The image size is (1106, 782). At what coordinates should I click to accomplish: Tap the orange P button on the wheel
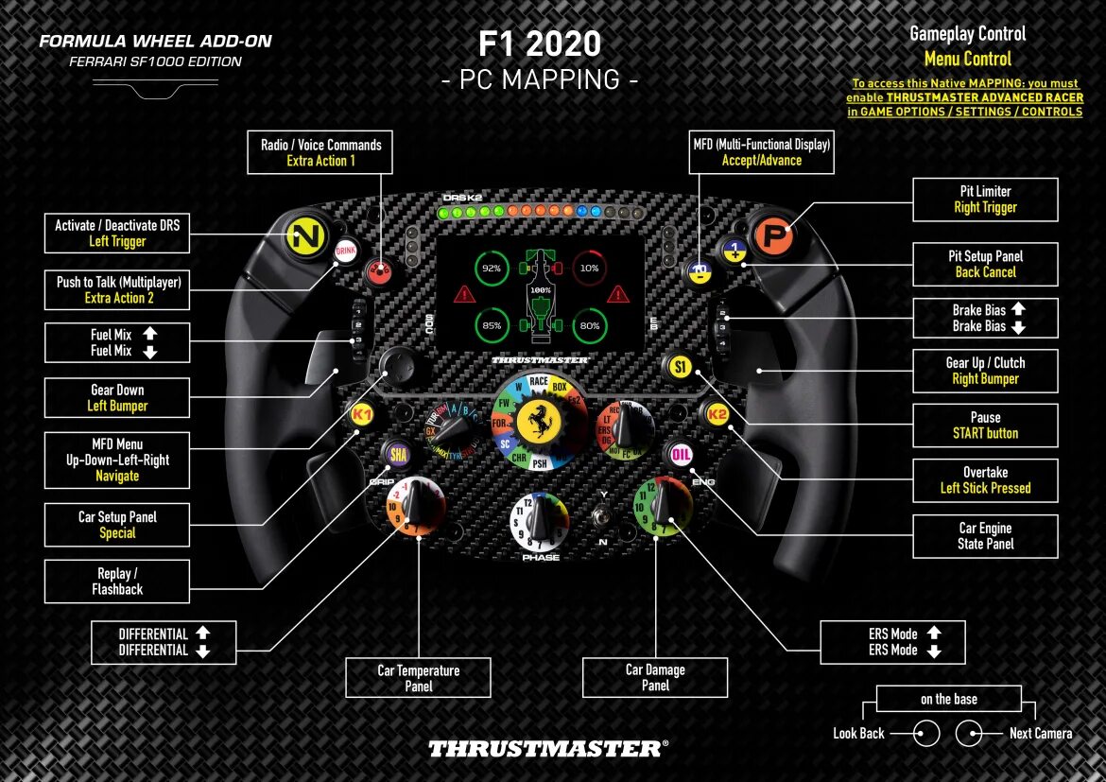point(773,236)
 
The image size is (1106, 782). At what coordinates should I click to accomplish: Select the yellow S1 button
point(680,367)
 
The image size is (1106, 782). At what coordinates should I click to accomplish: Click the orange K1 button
point(362,414)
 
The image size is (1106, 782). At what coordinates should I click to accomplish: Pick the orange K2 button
point(717,414)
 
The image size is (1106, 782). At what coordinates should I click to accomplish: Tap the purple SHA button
point(399,455)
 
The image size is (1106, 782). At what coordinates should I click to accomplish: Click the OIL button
point(681,455)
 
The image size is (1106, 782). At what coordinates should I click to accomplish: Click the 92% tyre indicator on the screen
point(492,268)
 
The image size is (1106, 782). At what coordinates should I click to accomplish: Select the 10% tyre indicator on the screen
point(589,268)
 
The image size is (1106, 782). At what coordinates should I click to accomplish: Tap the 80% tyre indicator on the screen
point(589,326)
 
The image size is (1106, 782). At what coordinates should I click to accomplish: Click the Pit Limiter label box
point(985,200)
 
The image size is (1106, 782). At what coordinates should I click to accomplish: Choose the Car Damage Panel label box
point(655,677)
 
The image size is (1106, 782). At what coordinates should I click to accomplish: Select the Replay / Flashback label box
point(117,581)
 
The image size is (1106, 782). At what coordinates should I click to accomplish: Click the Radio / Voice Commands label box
point(320,152)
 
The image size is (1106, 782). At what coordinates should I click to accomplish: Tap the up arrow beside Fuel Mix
point(149,334)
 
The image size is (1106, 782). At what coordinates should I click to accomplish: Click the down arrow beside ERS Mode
point(934,651)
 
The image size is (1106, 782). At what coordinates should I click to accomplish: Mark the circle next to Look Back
point(926,733)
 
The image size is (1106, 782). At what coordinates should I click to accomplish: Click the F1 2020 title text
point(540,44)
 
